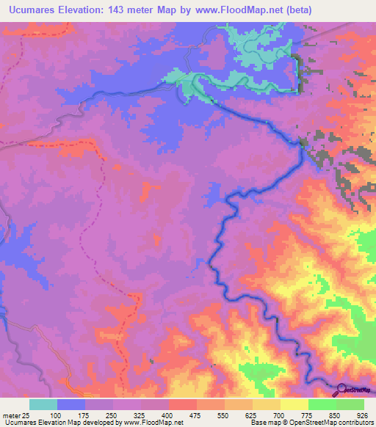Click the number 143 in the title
pyautogui.click(x=129, y=10)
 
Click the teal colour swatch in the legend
pyautogui.click(x=43, y=404)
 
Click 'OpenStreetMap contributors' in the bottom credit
pyautogui.click(x=330, y=422)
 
